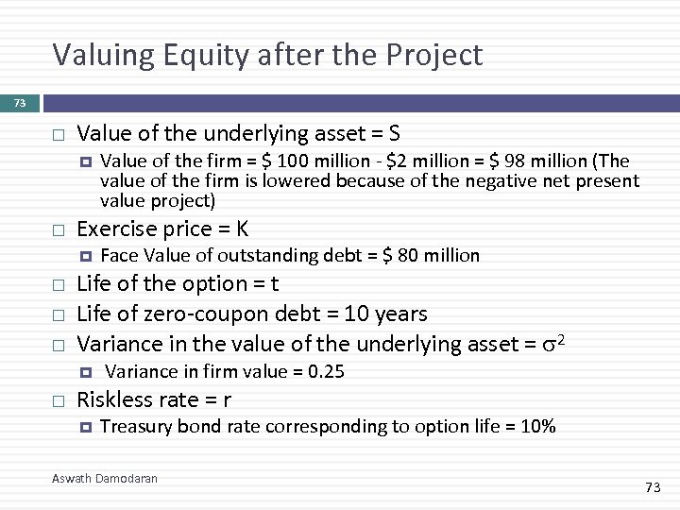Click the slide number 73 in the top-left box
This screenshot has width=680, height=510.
[x=19, y=101]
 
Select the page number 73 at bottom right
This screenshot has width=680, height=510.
[x=653, y=486]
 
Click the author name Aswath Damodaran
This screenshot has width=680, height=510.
[x=104, y=479]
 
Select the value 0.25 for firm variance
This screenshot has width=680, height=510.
[x=326, y=372]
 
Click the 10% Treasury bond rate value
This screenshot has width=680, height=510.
[x=536, y=427]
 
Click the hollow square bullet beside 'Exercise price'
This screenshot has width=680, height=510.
[x=58, y=229]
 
